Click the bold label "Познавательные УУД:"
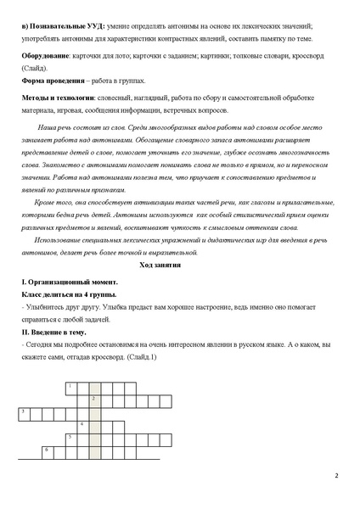click(x=56, y=27)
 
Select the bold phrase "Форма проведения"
click(x=51, y=81)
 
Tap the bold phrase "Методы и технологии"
click(x=57, y=98)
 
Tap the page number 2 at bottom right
click(x=336, y=475)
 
